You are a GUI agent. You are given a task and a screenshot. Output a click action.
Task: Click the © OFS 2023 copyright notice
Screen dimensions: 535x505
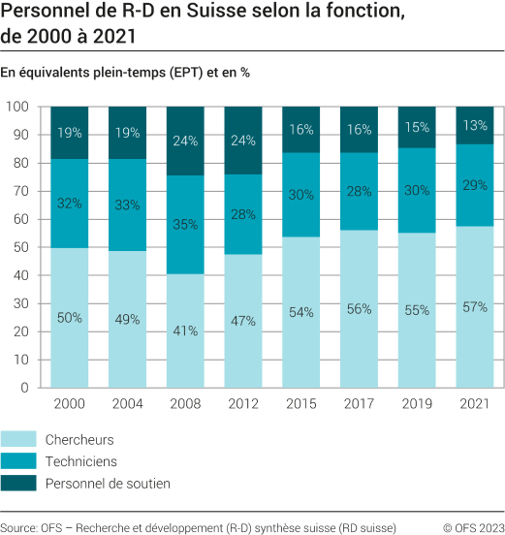tap(473, 527)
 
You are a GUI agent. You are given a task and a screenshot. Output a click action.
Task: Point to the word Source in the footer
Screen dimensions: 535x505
tap(18, 527)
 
